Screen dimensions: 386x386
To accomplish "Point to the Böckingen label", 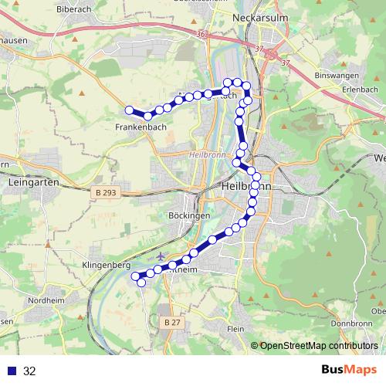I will click(x=189, y=216).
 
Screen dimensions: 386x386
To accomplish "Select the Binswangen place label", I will click(x=337, y=76).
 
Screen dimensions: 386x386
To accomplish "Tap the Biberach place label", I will click(x=73, y=9).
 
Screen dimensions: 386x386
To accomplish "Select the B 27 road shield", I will click(x=171, y=320).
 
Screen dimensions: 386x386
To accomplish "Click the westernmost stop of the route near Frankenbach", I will click(x=130, y=110).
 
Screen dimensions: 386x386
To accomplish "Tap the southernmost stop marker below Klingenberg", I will click(x=141, y=283).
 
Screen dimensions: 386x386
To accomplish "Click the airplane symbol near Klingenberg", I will click(x=161, y=256).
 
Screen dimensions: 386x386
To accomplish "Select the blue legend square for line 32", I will click(x=12, y=371).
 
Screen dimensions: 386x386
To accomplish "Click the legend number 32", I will click(x=30, y=371).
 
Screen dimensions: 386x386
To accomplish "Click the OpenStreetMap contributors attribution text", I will click(x=318, y=346).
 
